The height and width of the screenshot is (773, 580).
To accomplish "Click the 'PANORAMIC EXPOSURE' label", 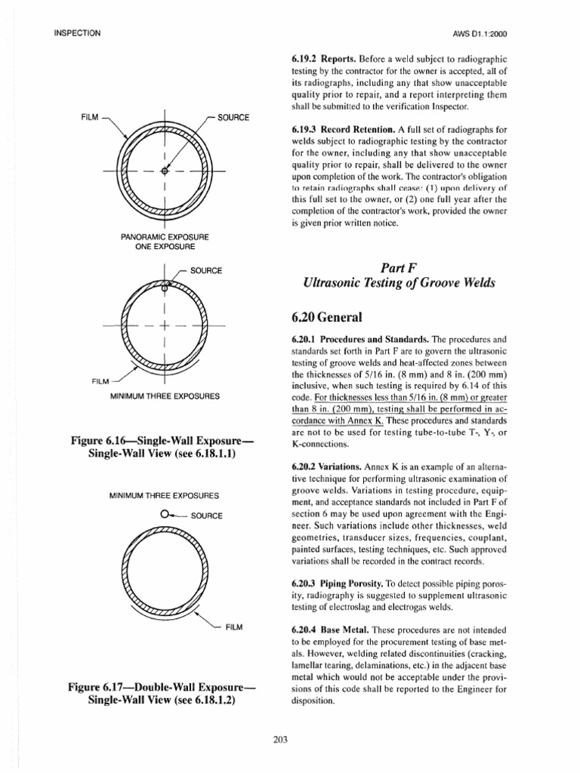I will coord(165,236).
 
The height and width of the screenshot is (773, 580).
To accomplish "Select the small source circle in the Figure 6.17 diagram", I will coord(165,514).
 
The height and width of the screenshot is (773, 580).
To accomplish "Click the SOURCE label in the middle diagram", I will coord(206,269).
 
